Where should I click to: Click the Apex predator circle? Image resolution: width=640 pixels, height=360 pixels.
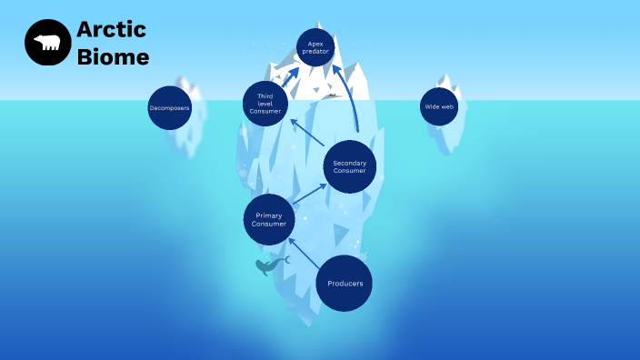[x=315, y=47]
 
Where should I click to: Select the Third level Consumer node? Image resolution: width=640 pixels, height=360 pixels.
[x=265, y=104]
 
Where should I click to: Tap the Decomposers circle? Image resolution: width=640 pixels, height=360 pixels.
[x=169, y=108]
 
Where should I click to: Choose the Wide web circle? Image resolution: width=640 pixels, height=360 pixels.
[x=437, y=107]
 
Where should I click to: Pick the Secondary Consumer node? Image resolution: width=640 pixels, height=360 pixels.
[x=349, y=167]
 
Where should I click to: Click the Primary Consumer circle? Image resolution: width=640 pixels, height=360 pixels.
[x=269, y=219]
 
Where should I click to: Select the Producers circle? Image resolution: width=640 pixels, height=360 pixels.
[x=345, y=283]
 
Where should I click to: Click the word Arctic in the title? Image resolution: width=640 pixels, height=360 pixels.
[x=111, y=30]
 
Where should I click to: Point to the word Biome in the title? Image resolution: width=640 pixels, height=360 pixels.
[x=113, y=58]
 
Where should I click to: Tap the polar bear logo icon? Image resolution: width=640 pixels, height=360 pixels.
[x=47, y=43]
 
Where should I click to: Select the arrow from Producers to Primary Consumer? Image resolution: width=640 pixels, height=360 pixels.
[x=304, y=253]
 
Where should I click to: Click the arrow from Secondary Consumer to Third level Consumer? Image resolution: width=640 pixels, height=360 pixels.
[x=307, y=133]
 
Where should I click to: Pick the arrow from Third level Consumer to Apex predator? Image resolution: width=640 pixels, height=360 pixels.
[x=290, y=75]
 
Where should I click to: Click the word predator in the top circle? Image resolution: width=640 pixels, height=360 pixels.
[x=315, y=52]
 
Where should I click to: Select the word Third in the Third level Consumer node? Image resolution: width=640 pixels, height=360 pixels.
[x=265, y=96]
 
